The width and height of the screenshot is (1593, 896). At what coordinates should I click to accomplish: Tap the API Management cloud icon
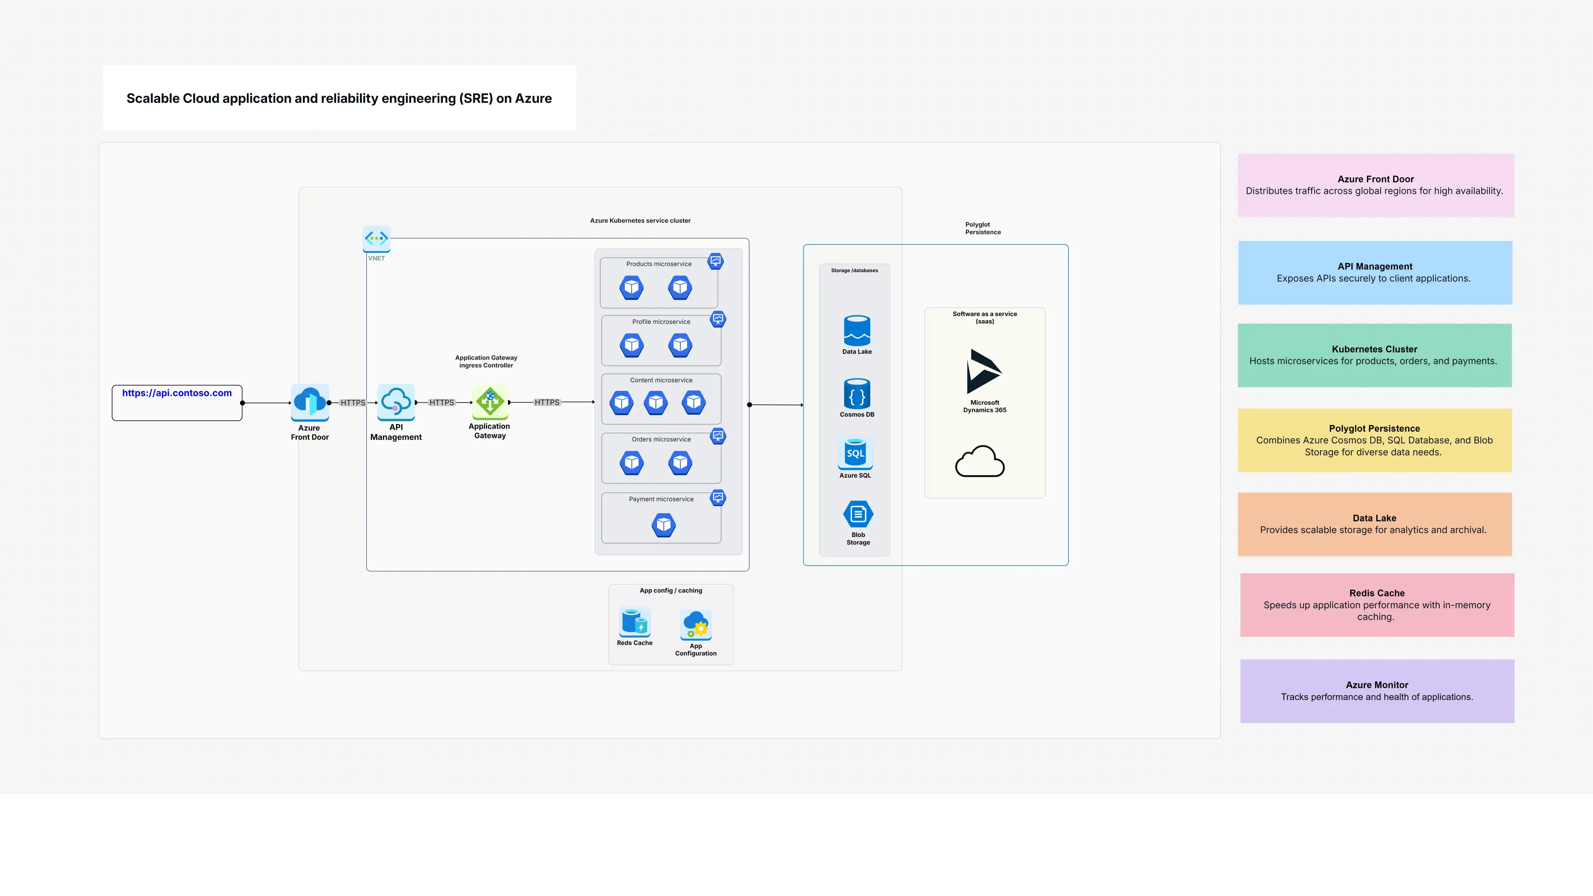pyautogui.click(x=396, y=402)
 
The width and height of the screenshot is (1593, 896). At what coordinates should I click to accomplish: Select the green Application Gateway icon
pyautogui.click(x=490, y=402)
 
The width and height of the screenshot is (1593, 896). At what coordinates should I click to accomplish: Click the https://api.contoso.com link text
pyautogui.click(x=177, y=393)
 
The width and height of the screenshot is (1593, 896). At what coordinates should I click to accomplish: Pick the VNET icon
pyautogui.click(x=376, y=238)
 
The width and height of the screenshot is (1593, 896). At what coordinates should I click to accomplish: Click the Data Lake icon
pyautogui.click(x=857, y=330)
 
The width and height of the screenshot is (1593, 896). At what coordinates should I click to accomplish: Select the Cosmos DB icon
pyautogui.click(x=857, y=394)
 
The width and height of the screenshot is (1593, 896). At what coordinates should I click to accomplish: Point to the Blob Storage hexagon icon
pyautogui.click(x=858, y=514)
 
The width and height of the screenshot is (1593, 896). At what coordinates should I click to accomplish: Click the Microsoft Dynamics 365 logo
pyautogui.click(x=983, y=371)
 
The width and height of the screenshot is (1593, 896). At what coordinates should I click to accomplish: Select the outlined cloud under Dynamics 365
pyautogui.click(x=980, y=462)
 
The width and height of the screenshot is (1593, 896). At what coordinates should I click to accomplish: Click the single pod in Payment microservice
pyautogui.click(x=663, y=525)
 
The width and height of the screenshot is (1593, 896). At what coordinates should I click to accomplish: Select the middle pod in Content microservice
pyautogui.click(x=656, y=402)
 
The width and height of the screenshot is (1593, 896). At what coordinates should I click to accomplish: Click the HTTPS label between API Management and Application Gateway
pyautogui.click(x=442, y=402)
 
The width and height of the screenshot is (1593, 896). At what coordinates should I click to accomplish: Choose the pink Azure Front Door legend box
pyautogui.click(x=1375, y=185)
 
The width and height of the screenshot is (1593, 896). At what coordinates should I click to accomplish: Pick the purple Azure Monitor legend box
pyautogui.click(x=1377, y=691)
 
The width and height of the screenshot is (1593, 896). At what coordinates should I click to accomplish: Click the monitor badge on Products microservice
pyautogui.click(x=716, y=261)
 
